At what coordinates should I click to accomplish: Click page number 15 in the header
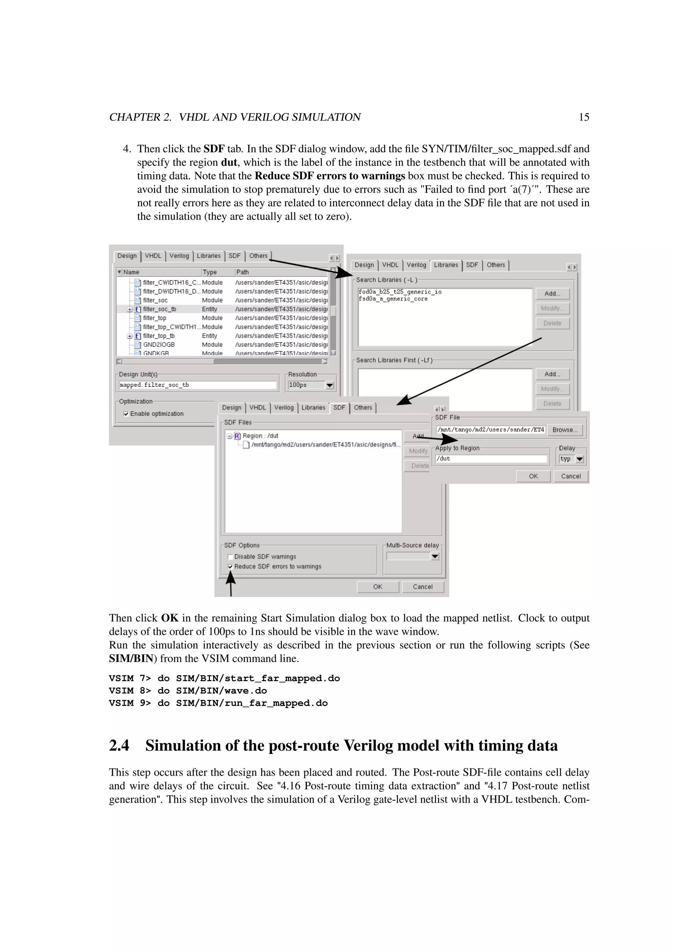[x=584, y=117]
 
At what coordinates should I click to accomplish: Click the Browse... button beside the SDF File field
[x=565, y=430]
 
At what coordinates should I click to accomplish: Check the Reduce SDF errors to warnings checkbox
[x=230, y=566]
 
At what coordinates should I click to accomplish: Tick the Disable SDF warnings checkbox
[x=230, y=557]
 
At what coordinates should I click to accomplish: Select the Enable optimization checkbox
[x=126, y=414]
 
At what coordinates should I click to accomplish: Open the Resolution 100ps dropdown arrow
[x=330, y=385]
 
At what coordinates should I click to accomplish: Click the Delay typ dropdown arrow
[x=580, y=459]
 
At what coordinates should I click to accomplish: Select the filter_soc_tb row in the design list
[x=160, y=309]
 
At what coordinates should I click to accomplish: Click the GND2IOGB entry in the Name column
[x=159, y=344]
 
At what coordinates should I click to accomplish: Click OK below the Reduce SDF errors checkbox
[x=378, y=587]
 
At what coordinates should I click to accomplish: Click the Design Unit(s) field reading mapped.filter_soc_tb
[x=197, y=385]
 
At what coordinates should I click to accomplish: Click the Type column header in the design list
[x=210, y=272]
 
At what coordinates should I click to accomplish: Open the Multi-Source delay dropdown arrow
[x=435, y=557]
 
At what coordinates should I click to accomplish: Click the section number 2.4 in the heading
[x=119, y=745]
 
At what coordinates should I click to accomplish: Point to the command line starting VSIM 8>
[x=188, y=691]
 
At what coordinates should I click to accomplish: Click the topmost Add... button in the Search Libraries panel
[x=552, y=294]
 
